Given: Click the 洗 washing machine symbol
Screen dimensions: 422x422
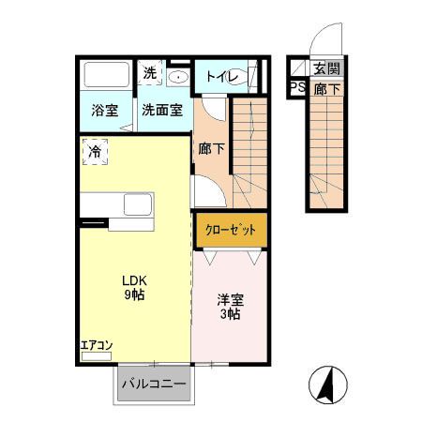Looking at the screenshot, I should pyautogui.click(x=151, y=72).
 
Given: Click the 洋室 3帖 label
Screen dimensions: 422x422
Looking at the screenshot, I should pyautogui.click(x=231, y=307).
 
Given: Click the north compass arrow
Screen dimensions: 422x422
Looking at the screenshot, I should pyautogui.click(x=329, y=384).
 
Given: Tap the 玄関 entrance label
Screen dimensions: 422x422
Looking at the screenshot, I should pyautogui.click(x=325, y=68).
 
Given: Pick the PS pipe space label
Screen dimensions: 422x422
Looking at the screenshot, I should pyautogui.click(x=297, y=89).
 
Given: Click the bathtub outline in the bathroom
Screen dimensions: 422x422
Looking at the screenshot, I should pyautogui.click(x=106, y=74).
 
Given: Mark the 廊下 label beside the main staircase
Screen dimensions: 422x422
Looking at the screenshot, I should pyautogui.click(x=211, y=147).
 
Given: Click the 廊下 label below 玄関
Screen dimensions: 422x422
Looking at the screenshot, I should pyautogui.click(x=325, y=89).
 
